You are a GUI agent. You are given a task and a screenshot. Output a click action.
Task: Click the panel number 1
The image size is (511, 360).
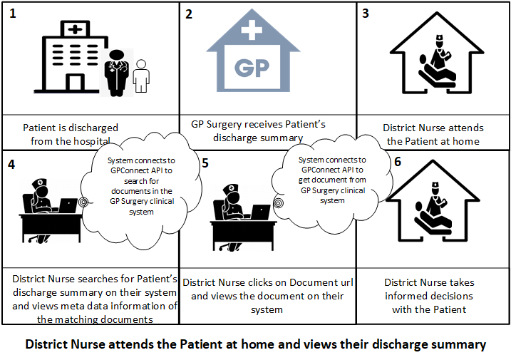pyautogui.click(x=12, y=15)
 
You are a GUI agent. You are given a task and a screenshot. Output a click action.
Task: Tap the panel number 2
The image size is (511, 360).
pyautogui.click(x=190, y=15)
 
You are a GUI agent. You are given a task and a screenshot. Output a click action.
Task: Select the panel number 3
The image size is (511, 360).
pyautogui.click(x=366, y=15)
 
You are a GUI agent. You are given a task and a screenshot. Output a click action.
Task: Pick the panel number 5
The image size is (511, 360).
pyautogui.click(x=205, y=163)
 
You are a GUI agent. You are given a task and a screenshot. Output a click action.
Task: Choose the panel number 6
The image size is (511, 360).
pyautogui.click(x=398, y=162)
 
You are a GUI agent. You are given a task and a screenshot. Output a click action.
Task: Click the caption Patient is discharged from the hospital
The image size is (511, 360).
pyautogui.click(x=71, y=134)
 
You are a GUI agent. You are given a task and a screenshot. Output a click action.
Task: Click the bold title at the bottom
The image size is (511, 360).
pyautogui.click(x=255, y=344)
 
